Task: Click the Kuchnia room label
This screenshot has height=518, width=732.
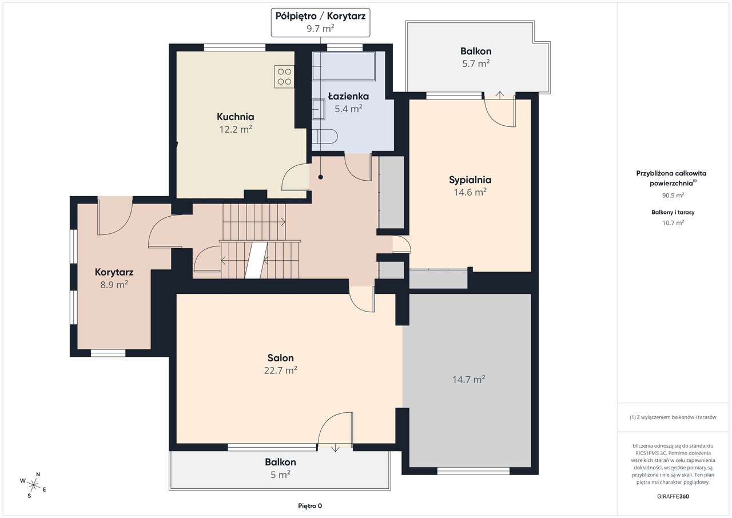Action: (x=235, y=117)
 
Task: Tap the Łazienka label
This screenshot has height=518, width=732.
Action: (x=348, y=96)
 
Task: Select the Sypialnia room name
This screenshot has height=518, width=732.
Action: (x=470, y=180)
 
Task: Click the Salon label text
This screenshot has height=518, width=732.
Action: (x=280, y=358)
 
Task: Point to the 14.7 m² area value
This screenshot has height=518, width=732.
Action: (x=468, y=379)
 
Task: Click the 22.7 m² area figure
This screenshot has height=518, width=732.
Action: (x=280, y=370)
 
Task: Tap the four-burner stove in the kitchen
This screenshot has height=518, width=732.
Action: (x=284, y=77)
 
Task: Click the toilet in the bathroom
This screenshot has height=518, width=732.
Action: (x=324, y=136)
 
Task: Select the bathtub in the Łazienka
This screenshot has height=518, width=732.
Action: (x=344, y=66)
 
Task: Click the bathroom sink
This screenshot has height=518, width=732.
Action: (x=318, y=110)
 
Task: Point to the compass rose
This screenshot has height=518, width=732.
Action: (x=33, y=485)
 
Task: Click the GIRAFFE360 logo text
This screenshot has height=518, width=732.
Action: (x=673, y=496)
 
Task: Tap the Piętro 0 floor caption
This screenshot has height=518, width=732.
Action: (x=310, y=506)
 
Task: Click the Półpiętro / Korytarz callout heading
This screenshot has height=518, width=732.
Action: (x=320, y=16)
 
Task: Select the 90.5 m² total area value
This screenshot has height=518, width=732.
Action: (x=673, y=196)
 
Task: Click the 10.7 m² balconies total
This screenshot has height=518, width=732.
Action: (x=673, y=223)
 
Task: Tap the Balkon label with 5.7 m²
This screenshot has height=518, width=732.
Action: (x=476, y=51)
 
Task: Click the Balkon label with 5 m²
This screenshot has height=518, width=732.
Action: (x=280, y=462)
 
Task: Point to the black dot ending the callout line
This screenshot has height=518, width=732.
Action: (x=321, y=177)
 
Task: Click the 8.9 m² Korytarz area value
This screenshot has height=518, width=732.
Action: (x=114, y=285)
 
